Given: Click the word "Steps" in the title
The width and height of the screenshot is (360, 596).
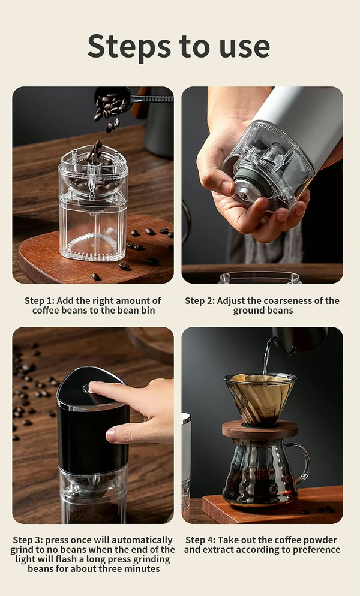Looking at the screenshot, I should coord(126,46).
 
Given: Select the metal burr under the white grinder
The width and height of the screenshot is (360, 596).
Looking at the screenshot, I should coord(245,191).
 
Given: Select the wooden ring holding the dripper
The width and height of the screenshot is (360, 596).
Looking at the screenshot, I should coord(259,429).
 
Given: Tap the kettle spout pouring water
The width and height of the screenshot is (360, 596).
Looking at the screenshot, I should coord(275,344).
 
